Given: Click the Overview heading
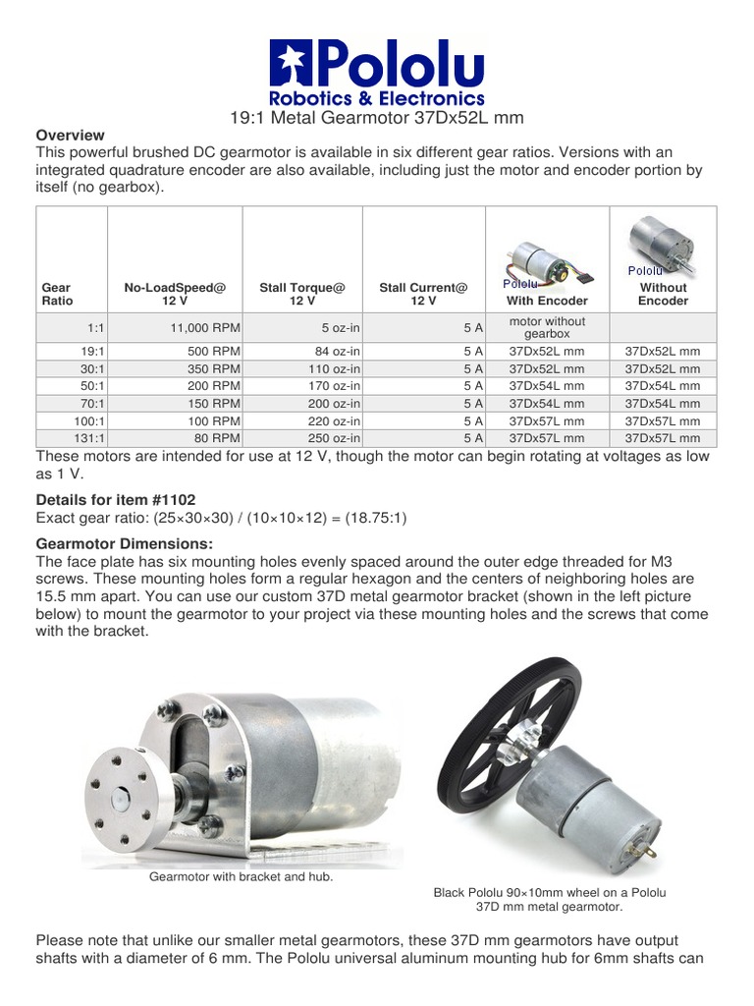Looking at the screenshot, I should [70, 135].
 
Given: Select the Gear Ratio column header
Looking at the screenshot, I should [57, 294].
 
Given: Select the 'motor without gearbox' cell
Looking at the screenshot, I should [547, 327].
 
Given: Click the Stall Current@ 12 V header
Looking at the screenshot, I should [423, 294].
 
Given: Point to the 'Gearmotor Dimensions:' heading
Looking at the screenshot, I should [124, 544].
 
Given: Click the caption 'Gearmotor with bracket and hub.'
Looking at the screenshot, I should [241, 876].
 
